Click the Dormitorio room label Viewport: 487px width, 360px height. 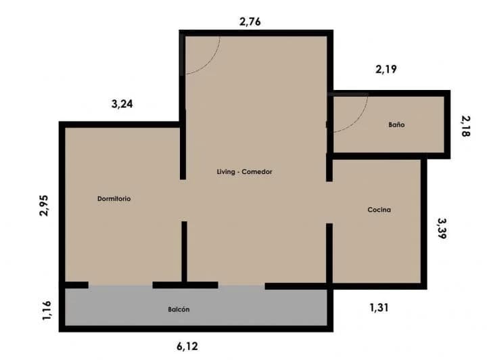point(114,199)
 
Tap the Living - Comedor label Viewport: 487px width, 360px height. point(244,172)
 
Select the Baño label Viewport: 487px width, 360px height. point(396,125)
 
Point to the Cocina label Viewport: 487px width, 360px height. point(379,210)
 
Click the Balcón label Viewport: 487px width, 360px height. point(179,309)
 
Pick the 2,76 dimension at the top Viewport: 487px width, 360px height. point(250,22)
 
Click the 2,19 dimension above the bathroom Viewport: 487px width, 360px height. point(386,69)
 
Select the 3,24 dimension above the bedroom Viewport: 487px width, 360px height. point(122,104)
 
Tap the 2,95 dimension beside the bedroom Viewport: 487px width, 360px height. point(44,205)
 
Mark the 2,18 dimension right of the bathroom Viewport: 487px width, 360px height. point(465,126)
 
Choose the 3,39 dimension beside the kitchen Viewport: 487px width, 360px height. point(442,228)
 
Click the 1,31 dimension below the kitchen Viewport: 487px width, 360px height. point(379,308)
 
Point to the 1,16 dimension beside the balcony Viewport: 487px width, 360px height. point(47,311)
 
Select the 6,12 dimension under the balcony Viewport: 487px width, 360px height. point(187,346)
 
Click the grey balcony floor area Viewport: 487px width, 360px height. point(196,306)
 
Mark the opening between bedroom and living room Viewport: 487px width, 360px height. point(183,200)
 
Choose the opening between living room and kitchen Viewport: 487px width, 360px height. point(329,202)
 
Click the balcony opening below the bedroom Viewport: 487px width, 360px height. point(120,285)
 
